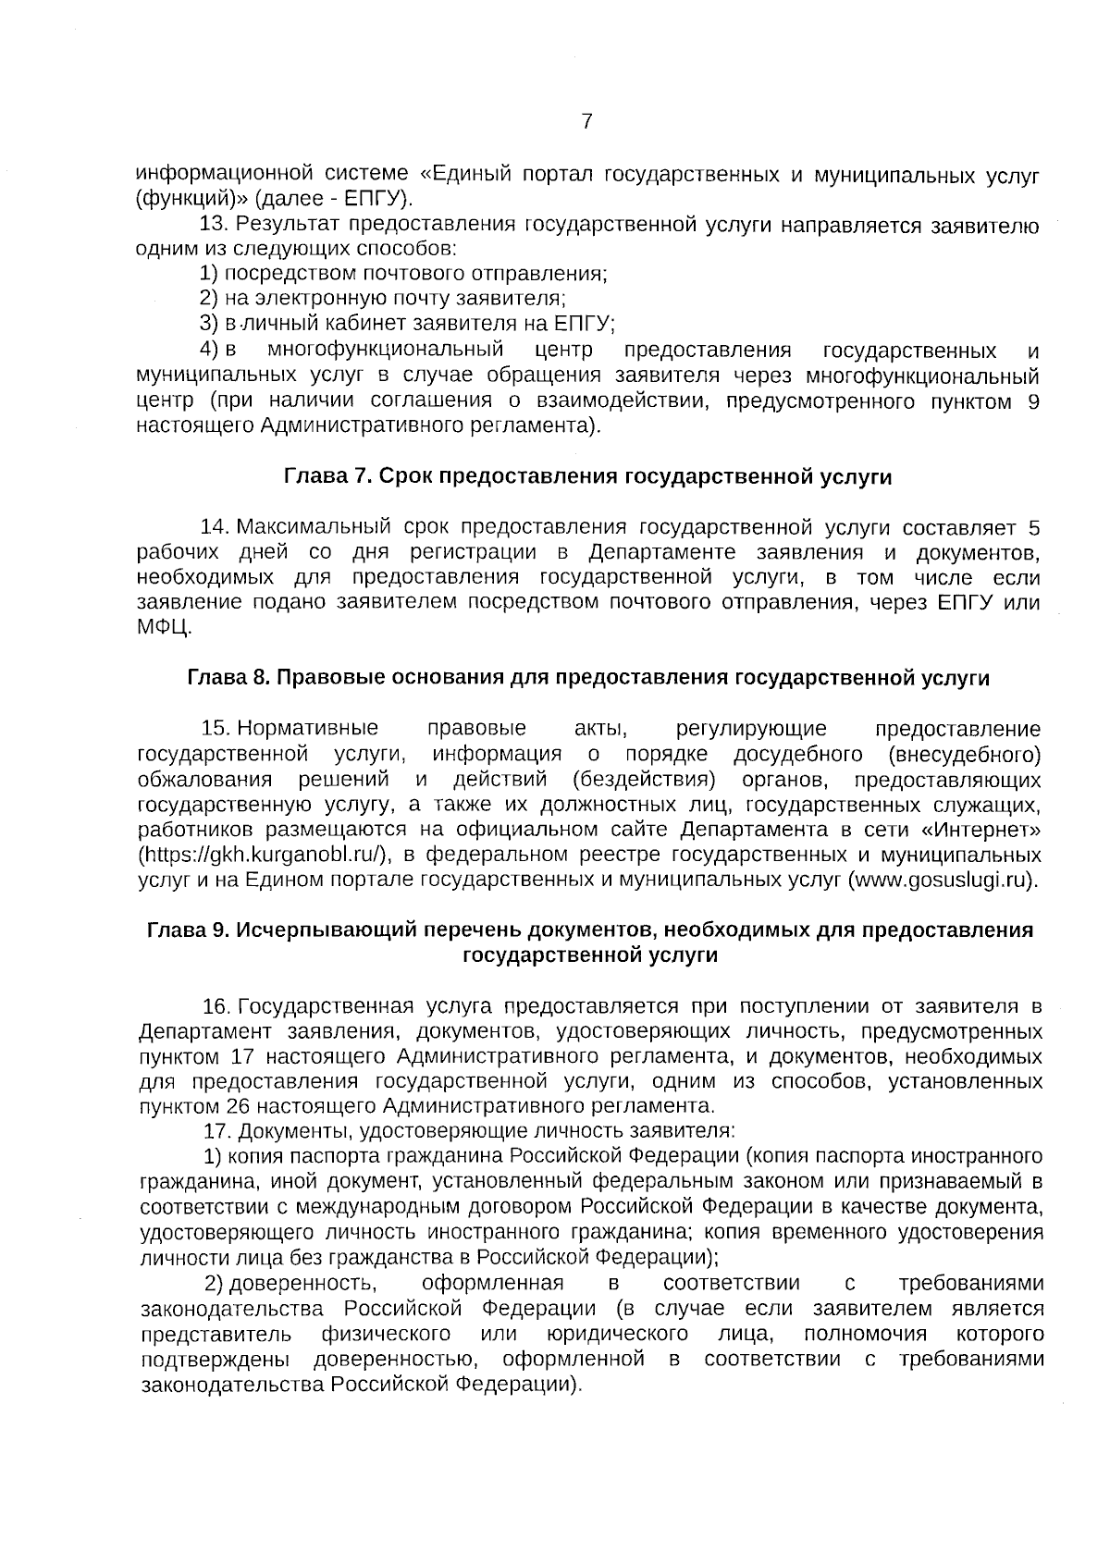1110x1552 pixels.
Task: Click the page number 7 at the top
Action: pos(586,121)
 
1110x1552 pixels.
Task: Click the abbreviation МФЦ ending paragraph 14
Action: pos(164,628)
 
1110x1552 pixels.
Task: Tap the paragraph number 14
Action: pos(214,527)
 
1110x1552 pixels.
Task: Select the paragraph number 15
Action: pos(215,729)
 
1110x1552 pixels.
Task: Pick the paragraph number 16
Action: pos(216,1005)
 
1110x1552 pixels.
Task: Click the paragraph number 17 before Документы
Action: pos(216,1131)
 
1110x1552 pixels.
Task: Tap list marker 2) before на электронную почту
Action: pos(208,299)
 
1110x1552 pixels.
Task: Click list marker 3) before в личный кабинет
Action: pos(208,324)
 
